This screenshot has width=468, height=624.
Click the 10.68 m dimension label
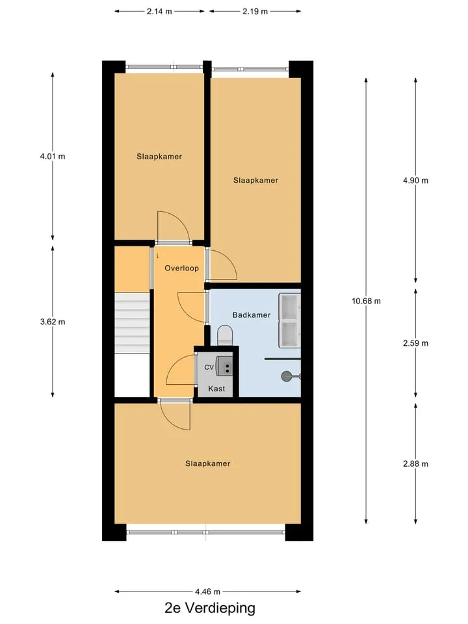[366, 301]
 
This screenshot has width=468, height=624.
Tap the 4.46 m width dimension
[207, 591]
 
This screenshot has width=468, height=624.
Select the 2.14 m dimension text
[159, 12]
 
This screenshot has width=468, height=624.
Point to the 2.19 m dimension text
[255, 12]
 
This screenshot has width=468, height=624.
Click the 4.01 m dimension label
[53, 157]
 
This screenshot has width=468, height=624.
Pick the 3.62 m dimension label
[53, 322]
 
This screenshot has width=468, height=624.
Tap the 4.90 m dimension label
[415, 181]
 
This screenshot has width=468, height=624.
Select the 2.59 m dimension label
[415, 343]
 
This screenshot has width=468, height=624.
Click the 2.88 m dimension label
[415, 464]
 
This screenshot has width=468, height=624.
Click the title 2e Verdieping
[210, 608]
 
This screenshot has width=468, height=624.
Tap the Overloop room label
[182, 268]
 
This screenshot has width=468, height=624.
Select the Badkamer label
[252, 315]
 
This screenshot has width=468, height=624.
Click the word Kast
[216, 389]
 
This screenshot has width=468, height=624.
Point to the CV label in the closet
[209, 367]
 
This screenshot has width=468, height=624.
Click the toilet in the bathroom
[225, 335]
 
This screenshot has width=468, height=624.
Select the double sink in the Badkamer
[289, 320]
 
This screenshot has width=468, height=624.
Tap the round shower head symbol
[287, 376]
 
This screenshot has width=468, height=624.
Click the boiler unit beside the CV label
[224, 365]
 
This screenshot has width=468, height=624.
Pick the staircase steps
[132, 323]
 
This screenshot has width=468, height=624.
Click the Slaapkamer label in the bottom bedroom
[208, 463]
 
